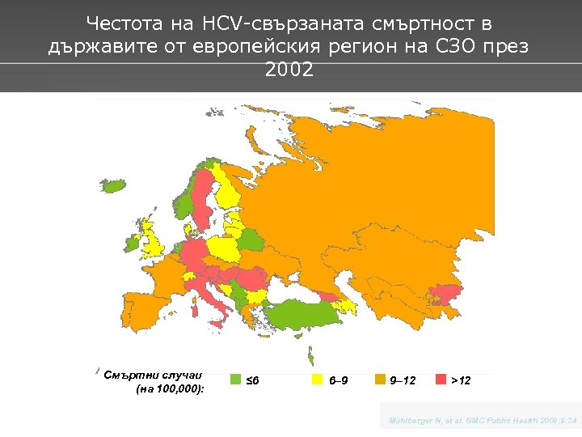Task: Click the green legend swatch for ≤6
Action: (x=237, y=380)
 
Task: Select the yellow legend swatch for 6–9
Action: (x=318, y=380)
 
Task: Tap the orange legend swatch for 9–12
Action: (x=380, y=380)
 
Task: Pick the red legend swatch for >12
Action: (x=441, y=380)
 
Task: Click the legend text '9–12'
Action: (x=403, y=380)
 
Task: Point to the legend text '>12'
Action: (x=462, y=380)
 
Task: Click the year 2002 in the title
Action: (x=289, y=70)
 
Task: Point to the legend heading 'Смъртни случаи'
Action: (x=154, y=374)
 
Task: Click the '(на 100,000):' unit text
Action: (x=170, y=389)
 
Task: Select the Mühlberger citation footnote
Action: (x=483, y=421)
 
